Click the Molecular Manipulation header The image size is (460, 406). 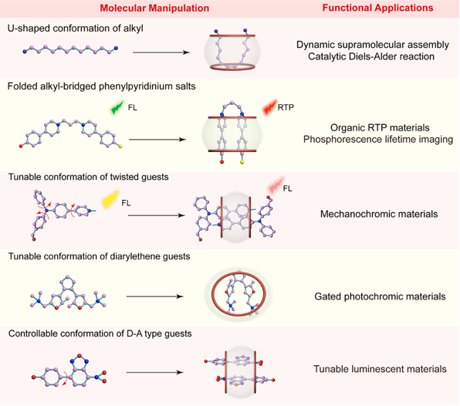click(x=154, y=8)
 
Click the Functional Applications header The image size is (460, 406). click(x=378, y=8)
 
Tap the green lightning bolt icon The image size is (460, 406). click(x=117, y=107)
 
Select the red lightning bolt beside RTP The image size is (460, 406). click(x=269, y=107)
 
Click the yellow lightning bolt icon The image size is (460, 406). click(x=110, y=199)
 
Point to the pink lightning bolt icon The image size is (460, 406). click(x=276, y=185)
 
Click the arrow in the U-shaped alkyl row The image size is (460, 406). click(x=161, y=52)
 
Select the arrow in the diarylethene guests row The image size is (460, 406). click(x=155, y=296)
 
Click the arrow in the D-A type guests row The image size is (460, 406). click(x=155, y=373)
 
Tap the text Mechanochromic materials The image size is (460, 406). click(x=379, y=214)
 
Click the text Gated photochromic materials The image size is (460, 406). click(x=380, y=296)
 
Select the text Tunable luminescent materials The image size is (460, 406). click(x=380, y=369)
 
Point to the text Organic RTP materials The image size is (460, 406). click(x=380, y=127)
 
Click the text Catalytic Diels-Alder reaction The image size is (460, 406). click(x=371, y=56)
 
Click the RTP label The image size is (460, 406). click(x=286, y=107)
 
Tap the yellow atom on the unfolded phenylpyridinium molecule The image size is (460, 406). click(x=120, y=146)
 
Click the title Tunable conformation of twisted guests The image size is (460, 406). click(x=88, y=178)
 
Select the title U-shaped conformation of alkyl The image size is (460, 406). click(x=76, y=29)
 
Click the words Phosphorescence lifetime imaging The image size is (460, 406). click(x=378, y=140)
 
